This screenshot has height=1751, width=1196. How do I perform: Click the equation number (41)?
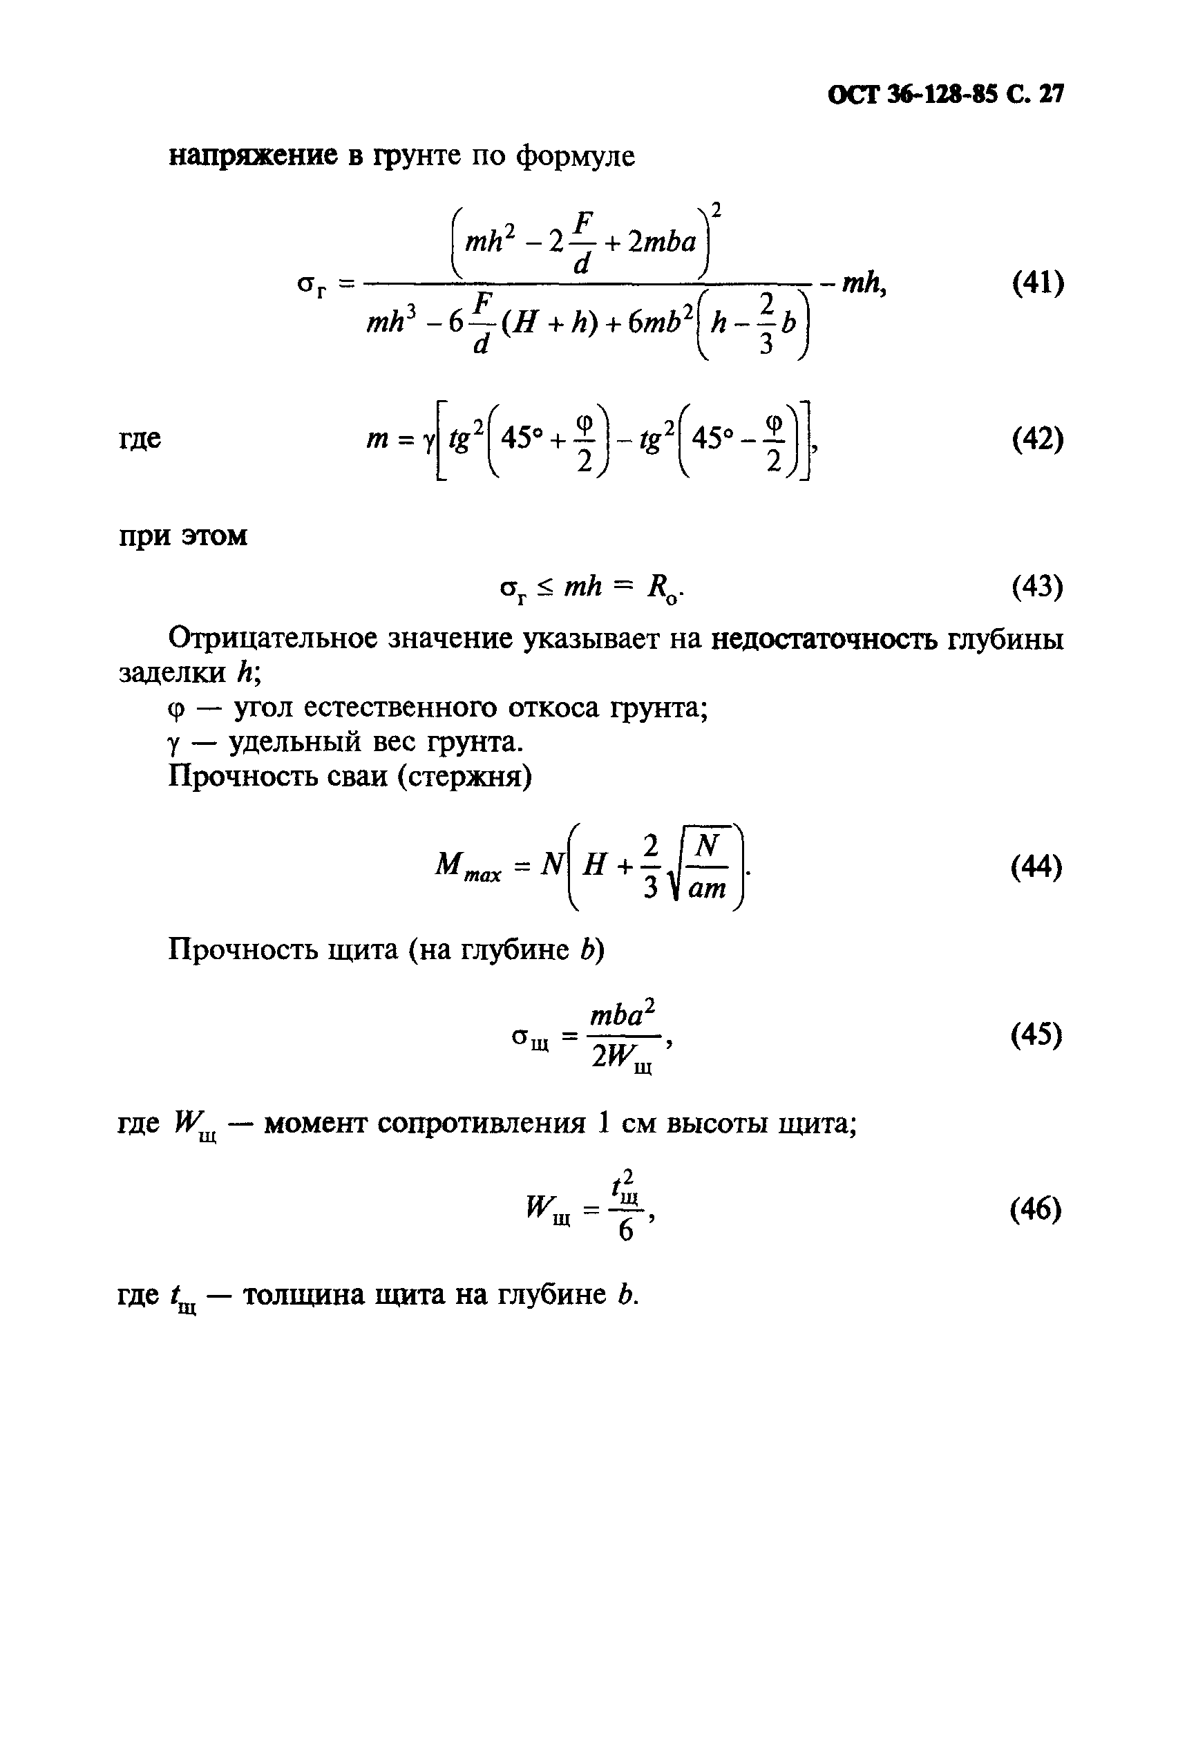pyautogui.click(x=1037, y=284)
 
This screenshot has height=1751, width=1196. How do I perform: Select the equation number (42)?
pyautogui.click(x=1037, y=439)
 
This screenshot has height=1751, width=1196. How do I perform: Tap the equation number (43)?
pyautogui.click(x=1037, y=586)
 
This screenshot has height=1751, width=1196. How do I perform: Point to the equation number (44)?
pyautogui.click(x=1037, y=867)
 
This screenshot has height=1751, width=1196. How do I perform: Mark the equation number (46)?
pyautogui.click(x=1037, y=1209)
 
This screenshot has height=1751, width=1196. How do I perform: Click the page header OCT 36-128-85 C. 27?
pyautogui.click(x=945, y=95)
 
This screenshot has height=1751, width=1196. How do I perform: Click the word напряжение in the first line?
pyautogui.click(x=253, y=156)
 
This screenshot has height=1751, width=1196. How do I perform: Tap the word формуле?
pyautogui.click(x=575, y=157)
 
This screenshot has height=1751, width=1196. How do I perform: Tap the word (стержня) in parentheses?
pyautogui.click(x=465, y=777)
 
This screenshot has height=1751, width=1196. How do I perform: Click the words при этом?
pyautogui.click(x=183, y=536)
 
